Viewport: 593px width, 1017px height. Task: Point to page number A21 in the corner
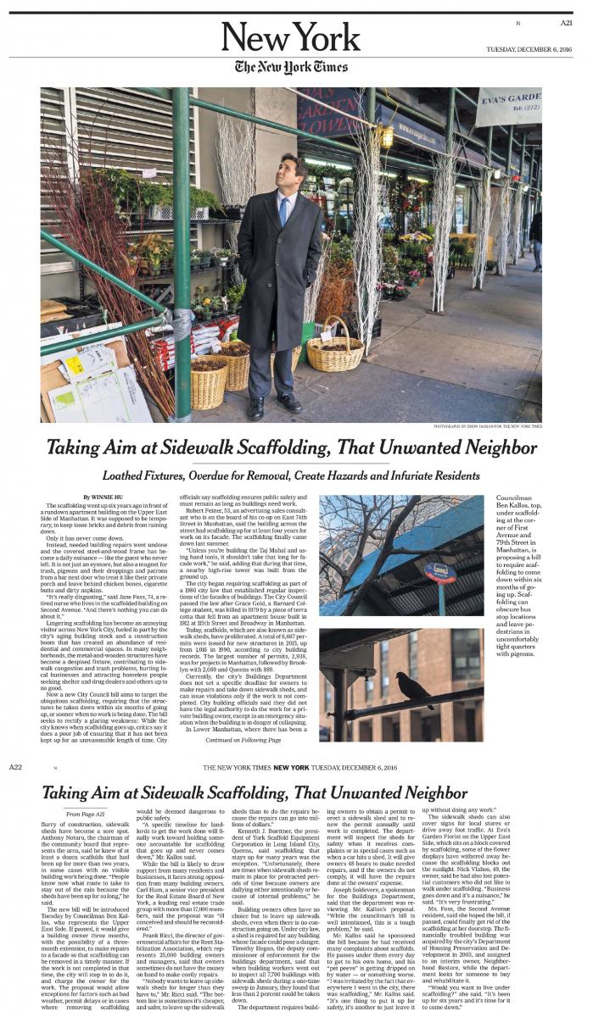[566, 23]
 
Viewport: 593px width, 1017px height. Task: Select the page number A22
[15, 767]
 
